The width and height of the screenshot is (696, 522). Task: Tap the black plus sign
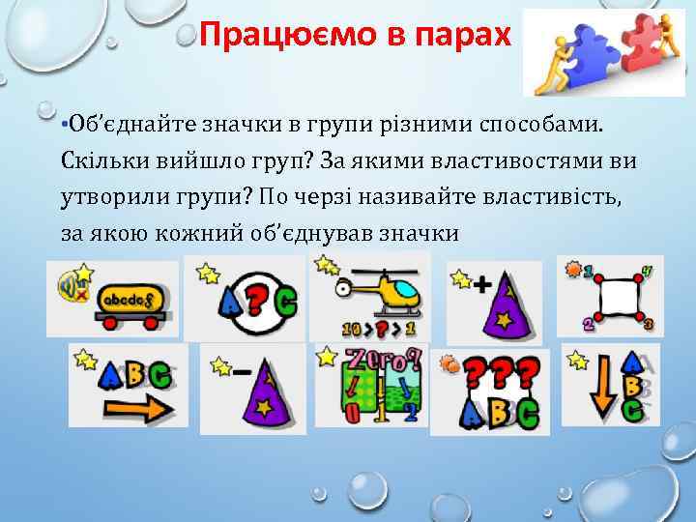pos(480,284)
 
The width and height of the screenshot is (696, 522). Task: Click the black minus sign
pos(239,370)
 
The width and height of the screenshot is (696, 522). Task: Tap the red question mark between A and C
pos(254,304)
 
